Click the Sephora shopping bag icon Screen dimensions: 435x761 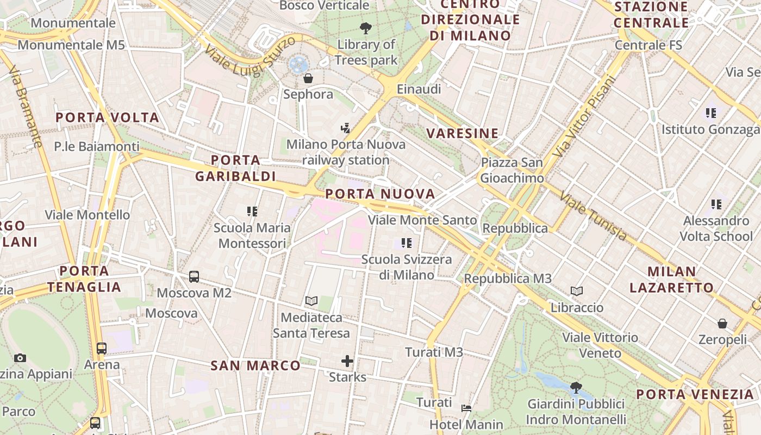308,78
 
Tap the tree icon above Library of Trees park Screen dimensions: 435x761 366,28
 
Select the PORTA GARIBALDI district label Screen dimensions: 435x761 235,168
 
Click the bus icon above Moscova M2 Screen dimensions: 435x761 194,276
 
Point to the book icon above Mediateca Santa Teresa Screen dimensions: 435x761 311,301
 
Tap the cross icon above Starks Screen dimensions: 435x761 347,361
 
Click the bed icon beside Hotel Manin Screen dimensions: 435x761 466,408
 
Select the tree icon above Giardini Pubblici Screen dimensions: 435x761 576,388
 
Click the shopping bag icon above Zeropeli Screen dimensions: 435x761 722,324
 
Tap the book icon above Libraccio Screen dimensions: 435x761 577,291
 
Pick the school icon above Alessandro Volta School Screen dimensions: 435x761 716,204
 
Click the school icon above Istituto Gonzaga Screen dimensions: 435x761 710,113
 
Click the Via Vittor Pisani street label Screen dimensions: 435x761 584,116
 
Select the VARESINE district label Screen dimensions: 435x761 462,133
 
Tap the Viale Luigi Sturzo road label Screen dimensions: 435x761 251,57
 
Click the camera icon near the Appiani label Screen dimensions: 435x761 20,358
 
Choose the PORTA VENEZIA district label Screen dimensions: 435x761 695,394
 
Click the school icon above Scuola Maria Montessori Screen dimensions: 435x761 252,211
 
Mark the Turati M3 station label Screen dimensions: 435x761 434,352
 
